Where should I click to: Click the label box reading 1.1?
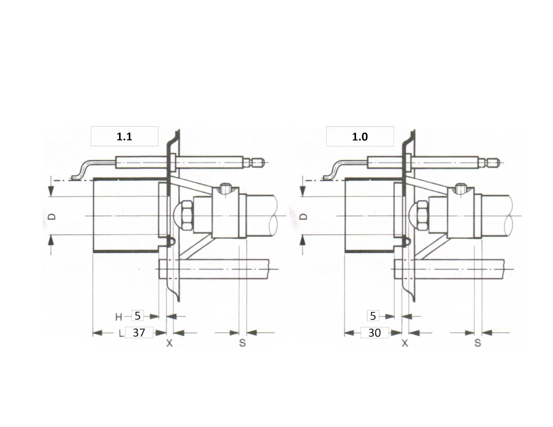pos(125,136)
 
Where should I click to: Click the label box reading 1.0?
pos(360,136)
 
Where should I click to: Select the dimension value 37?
pos(139,332)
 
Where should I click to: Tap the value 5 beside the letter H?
pos(137,316)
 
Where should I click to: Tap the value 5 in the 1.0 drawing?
pos(373,316)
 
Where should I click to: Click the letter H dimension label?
pos(119,317)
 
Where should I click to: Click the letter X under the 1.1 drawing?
pos(169,343)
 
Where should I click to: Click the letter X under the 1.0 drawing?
pos(405,343)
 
